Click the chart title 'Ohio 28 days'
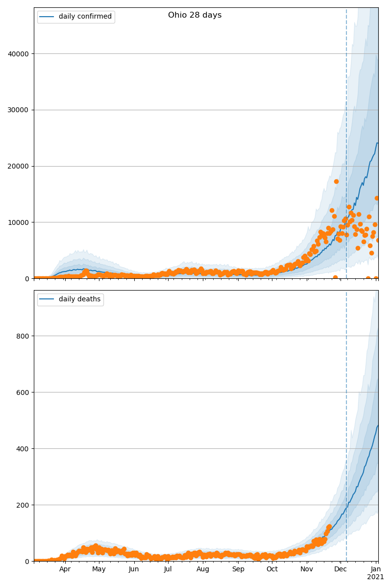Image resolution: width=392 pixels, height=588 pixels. click(195, 15)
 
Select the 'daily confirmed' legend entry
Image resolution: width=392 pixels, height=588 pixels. click(85, 17)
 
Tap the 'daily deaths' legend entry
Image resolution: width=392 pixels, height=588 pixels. click(79, 299)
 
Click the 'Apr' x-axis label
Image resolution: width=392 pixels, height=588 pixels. click(65, 569)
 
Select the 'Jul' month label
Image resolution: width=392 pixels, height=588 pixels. click(168, 569)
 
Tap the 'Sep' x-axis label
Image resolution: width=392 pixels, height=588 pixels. click(238, 569)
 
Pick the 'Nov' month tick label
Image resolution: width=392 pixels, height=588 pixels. click(307, 569)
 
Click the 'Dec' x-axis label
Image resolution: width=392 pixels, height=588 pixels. click(341, 569)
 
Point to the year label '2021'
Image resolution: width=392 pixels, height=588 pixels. click(376, 577)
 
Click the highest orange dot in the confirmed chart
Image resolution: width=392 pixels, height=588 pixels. click(336, 181)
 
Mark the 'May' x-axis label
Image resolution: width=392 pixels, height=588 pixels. click(99, 569)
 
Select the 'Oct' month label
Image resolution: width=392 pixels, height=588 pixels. click(272, 569)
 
